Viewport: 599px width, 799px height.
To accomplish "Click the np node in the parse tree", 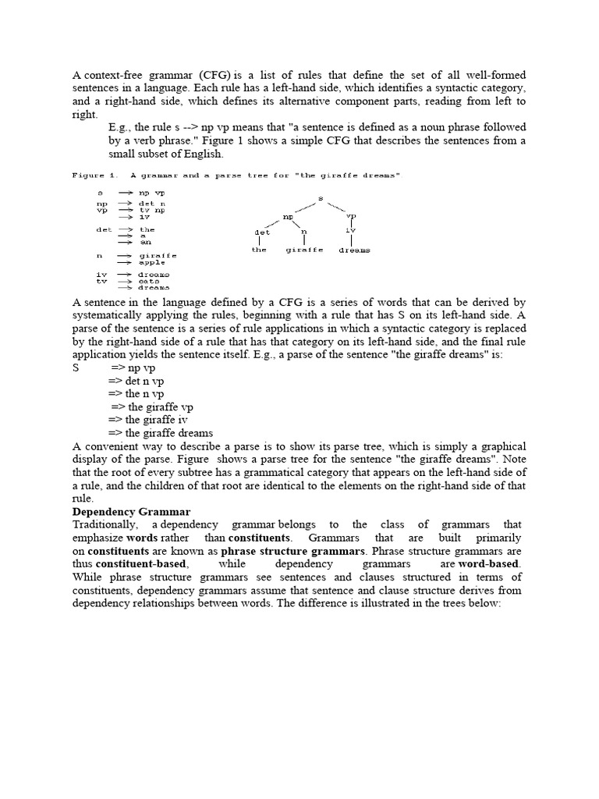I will (x=288, y=216).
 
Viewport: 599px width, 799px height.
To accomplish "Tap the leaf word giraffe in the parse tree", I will (x=303, y=250).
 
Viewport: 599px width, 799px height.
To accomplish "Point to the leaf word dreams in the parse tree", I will (x=354, y=250).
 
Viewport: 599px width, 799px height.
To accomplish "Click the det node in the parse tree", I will (x=262, y=232).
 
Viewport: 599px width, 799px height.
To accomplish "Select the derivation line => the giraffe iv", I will (x=147, y=420).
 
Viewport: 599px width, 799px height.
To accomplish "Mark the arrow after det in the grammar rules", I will (x=124, y=230).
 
